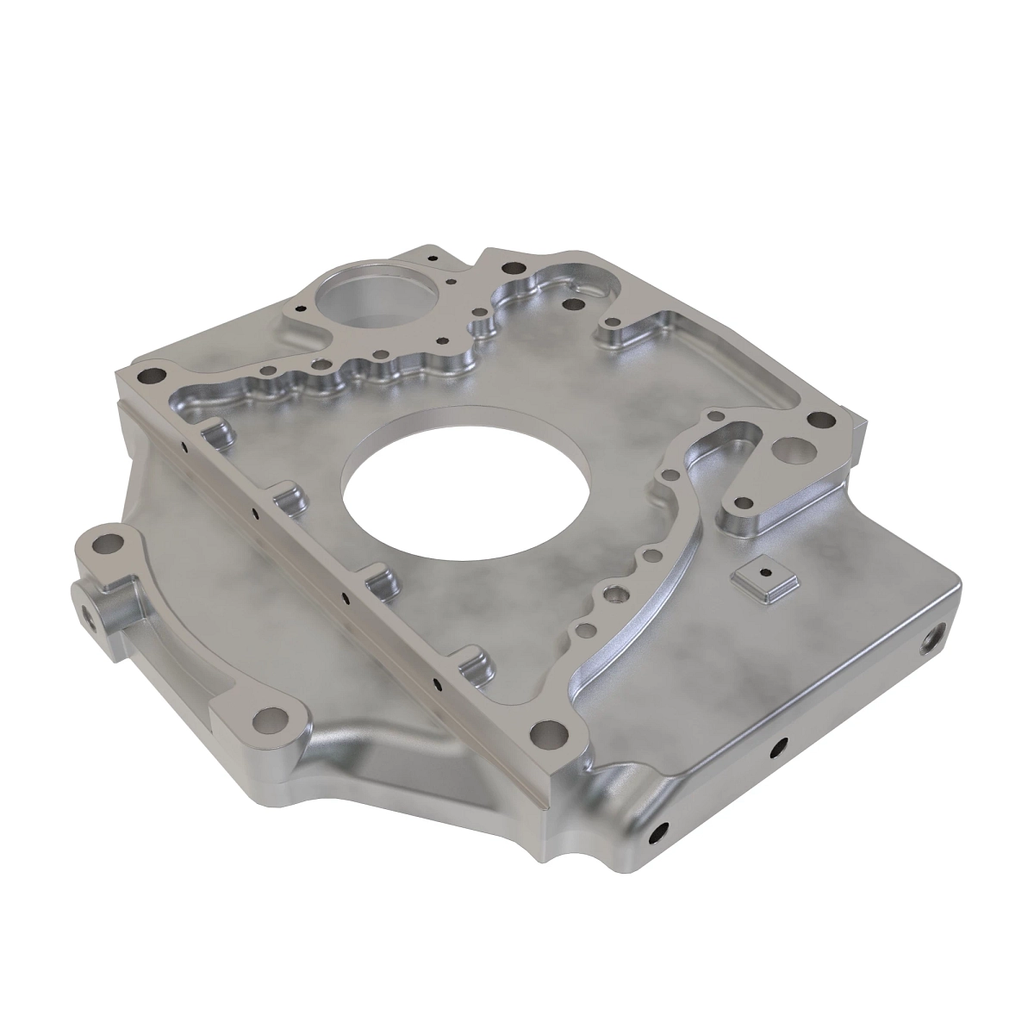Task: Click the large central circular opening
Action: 466,489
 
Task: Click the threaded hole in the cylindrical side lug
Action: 89,618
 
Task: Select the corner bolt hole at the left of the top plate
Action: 153,376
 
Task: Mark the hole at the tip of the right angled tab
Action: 740,501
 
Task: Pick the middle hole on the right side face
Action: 780,744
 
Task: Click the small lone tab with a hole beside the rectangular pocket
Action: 614,327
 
